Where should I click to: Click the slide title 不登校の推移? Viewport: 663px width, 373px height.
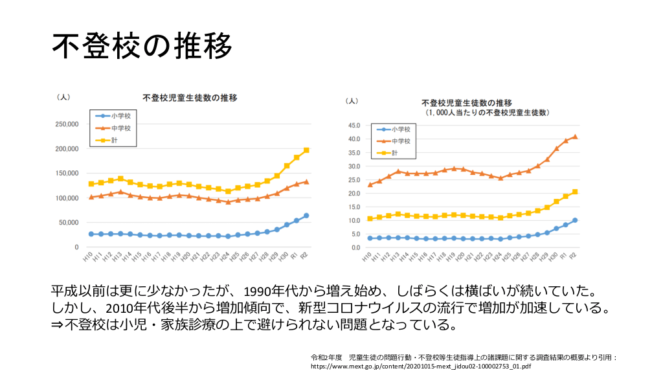[x=142, y=46]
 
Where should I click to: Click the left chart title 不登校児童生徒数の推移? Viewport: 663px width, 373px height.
[x=190, y=98]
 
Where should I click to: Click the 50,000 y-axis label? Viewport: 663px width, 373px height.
[x=67, y=223]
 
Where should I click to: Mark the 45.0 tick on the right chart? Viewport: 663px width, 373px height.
[x=354, y=125]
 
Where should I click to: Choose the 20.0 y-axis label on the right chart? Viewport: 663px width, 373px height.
[x=354, y=193]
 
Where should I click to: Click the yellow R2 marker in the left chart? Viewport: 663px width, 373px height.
[x=306, y=150]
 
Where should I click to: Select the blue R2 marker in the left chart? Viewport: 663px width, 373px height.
[x=306, y=216]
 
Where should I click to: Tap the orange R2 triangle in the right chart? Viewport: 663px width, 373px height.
[x=575, y=137]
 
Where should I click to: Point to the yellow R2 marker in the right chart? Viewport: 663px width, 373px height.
[x=575, y=192]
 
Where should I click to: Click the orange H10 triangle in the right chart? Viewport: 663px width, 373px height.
[x=370, y=185]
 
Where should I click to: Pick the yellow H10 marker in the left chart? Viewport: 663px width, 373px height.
[x=91, y=184]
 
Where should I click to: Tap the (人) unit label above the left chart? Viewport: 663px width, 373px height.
[x=63, y=97]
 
